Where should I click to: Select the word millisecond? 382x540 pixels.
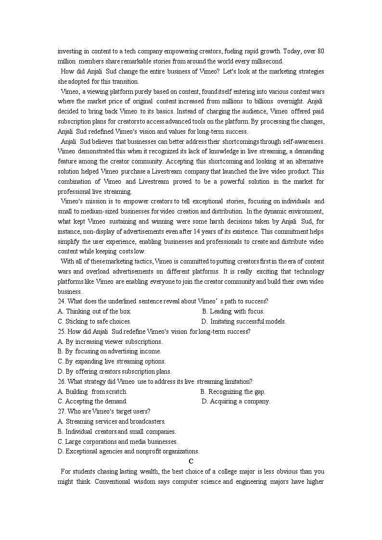coord(268,61)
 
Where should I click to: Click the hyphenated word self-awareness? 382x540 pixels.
coord(303,141)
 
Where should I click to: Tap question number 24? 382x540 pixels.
coord(61,301)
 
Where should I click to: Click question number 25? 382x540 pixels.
coord(61,331)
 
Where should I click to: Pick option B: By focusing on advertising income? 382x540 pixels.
coord(109,352)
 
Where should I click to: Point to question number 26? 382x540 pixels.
coord(61,382)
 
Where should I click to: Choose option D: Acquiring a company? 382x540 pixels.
coord(236,402)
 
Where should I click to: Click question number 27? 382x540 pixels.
coord(61,412)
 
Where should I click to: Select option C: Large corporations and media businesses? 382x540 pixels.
coord(117,441)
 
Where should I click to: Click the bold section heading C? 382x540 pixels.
coord(191,462)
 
